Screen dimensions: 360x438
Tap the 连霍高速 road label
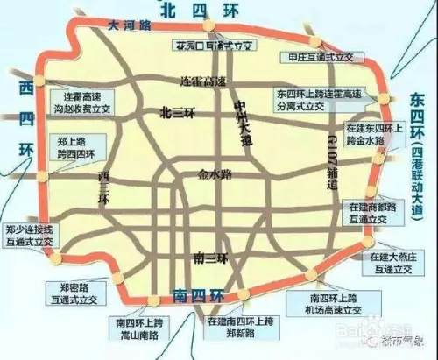pyautogui.click(x=202, y=81)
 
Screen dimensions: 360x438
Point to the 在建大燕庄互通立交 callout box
pyautogui.click(x=389, y=260)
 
